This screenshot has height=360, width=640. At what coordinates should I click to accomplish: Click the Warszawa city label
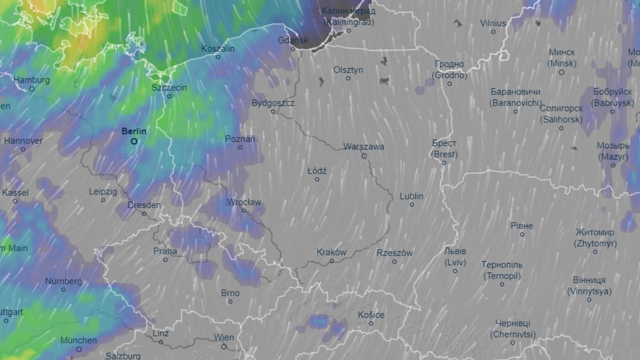(364, 146)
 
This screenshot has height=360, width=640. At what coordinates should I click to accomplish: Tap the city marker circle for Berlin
(134, 141)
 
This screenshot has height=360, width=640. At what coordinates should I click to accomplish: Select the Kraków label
(331, 252)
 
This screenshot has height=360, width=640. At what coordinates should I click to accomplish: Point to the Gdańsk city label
(293, 40)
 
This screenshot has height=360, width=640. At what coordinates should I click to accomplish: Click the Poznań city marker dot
(240, 147)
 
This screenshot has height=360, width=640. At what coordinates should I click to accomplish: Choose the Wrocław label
(244, 202)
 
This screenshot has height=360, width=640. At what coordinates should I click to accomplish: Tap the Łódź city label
(317, 171)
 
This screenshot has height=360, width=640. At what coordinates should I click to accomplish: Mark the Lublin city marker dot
(412, 205)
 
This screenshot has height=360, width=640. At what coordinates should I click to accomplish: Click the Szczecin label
(169, 87)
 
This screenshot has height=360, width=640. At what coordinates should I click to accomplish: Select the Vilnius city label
(493, 23)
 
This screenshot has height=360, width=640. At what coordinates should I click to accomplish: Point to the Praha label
(165, 251)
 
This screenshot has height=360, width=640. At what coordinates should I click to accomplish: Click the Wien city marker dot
(224, 347)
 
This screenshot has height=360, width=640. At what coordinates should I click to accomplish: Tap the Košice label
(371, 315)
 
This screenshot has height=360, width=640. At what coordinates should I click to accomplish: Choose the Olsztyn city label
(348, 69)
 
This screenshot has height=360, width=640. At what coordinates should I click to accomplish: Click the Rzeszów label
(394, 253)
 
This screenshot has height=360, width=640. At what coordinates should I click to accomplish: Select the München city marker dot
(79, 349)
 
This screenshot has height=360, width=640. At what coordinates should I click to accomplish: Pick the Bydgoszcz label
(273, 102)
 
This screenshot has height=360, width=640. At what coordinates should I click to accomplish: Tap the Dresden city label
(144, 205)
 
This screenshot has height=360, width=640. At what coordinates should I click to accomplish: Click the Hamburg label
(31, 80)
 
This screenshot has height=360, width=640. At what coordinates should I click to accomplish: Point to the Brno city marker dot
(230, 302)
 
